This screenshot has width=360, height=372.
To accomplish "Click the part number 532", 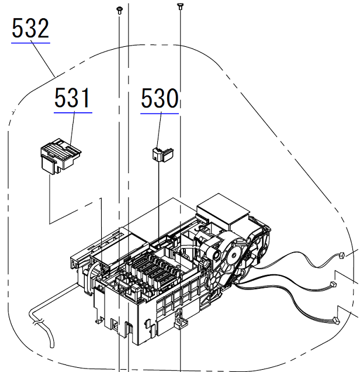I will [x=30, y=29].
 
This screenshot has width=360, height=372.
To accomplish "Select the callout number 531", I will [x=73, y=98].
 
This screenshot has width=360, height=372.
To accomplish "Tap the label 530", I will [x=159, y=99].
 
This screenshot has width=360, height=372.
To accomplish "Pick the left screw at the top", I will [x=119, y=9].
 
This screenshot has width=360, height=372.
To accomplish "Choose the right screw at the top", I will [x=179, y=6].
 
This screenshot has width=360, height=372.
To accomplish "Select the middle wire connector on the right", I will [x=334, y=285].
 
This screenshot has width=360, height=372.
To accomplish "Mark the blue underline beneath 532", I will [x=30, y=43].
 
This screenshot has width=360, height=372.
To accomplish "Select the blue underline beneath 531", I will [x=73, y=111].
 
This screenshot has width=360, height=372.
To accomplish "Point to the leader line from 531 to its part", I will [x=72, y=129].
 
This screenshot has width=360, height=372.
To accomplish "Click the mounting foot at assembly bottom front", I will [x=179, y=321].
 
